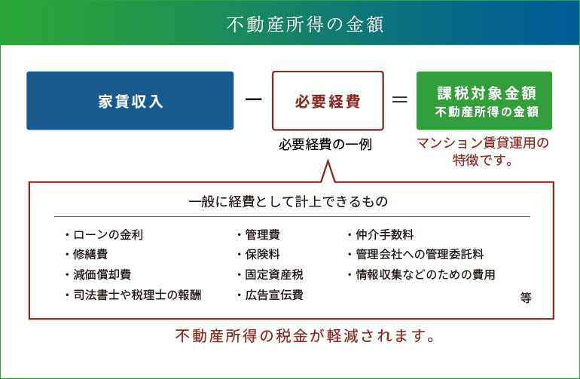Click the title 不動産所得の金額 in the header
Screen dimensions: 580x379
click(x=305, y=24)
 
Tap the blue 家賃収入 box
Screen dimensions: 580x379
click(x=130, y=101)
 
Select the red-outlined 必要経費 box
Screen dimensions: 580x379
click(x=328, y=101)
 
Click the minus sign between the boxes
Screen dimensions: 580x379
click(x=253, y=99)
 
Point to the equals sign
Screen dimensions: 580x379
click(x=400, y=99)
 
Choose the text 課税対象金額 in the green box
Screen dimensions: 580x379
click(x=487, y=93)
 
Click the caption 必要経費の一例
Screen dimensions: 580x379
click(x=325, y=145)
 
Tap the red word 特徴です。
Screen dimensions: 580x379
click(x=483, y=160)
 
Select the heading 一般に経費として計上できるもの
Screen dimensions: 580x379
click(x=288, y=201)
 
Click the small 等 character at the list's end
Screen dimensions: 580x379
click(x=526, y=298)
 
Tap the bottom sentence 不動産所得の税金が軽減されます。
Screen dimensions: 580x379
click(x=305, y=336)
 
